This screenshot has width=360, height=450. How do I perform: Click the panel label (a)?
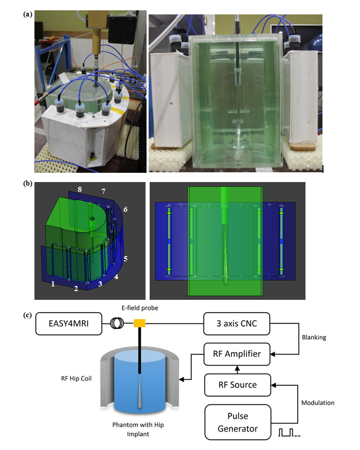(28, 15)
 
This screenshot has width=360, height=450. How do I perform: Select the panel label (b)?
(28, 184)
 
